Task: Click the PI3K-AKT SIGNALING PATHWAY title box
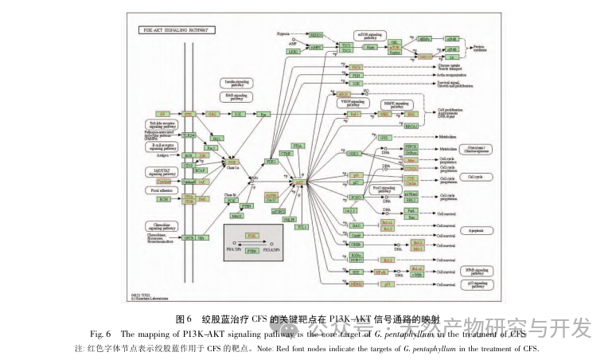tap(175, 30)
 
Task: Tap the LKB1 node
tap(293, 51)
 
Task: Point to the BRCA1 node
tap(411, 126)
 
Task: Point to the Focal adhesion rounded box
tap(160, 190)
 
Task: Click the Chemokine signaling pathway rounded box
tap(160, 225)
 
